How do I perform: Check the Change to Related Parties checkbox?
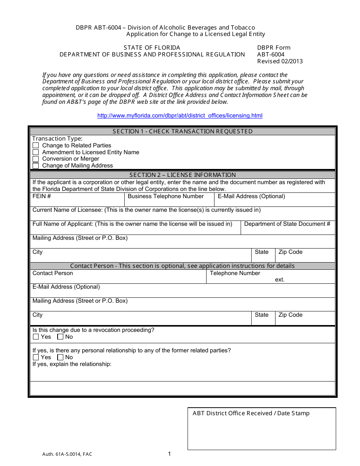36,145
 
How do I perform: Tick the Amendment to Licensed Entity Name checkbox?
36,152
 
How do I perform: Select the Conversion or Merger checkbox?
36,159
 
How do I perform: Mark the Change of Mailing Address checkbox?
36,166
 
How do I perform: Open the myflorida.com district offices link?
180,116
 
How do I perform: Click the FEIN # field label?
42,196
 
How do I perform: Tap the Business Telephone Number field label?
166,196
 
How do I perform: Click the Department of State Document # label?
287,224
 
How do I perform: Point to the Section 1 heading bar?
182,131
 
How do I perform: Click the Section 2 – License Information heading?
182,175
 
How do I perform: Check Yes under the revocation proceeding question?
36,337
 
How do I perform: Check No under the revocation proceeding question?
60,337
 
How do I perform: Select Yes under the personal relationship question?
36,357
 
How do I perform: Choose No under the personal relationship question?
60,357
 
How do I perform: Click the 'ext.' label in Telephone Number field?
280,280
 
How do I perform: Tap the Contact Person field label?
53,273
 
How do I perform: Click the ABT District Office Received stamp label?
251,413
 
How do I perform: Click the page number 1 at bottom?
169,454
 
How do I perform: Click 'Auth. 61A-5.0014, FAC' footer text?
67,454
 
